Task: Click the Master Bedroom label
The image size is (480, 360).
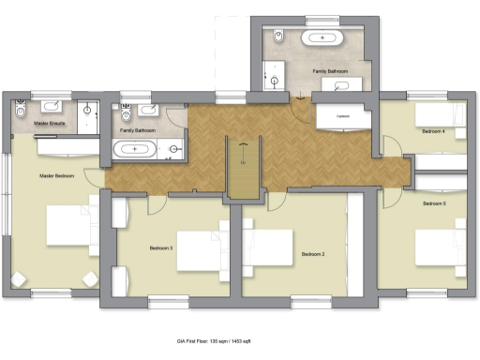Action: pos(57,175)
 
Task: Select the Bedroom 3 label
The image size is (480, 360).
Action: pos(161,248)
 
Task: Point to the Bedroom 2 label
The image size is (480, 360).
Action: pos(312,254)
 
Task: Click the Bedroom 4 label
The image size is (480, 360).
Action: pos(432,132)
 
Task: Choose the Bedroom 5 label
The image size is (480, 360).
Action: pos(434,203)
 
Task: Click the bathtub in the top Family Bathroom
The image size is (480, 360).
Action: pos(324,37)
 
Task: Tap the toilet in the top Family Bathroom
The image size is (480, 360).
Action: pos(277,37)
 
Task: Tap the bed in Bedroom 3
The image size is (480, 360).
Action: pos(200,249)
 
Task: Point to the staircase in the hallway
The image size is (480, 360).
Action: pos(243,168)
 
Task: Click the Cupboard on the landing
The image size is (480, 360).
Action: pos(343,116)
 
